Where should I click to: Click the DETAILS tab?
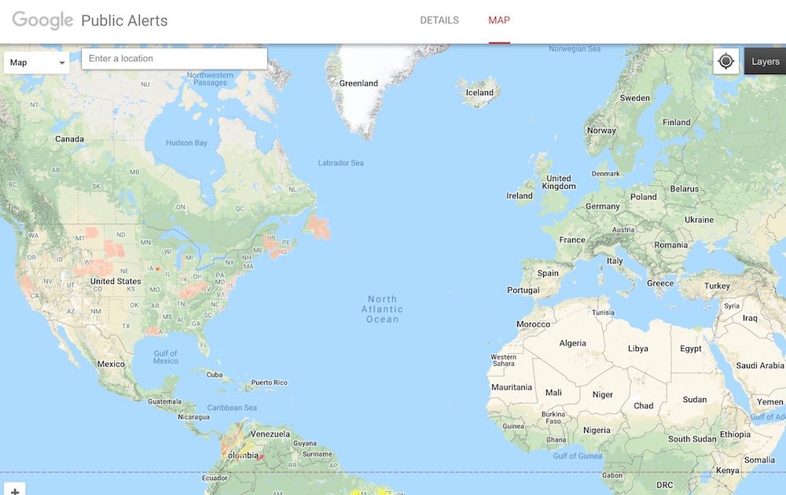coord(439,20)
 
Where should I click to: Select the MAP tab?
coord(499,20)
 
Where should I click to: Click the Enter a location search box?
coord(174,59)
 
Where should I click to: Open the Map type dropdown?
coord(37,63)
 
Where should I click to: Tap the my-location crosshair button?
coord(726,61)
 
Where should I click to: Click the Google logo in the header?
coord(42,20)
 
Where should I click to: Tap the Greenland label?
coord(358,83)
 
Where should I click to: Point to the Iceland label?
coord(479,93)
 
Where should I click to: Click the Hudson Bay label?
coord(186,143)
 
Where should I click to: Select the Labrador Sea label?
coord(340,163)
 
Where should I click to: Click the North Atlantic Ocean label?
coord(383,309)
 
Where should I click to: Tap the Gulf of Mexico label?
coord(166,356)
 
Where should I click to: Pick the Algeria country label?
coord(572,343)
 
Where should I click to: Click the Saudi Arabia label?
coord(760,365)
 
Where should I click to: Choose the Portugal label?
coord(523,290)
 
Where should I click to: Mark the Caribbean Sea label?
coord(232,408)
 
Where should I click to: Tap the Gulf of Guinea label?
coord(577,456)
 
